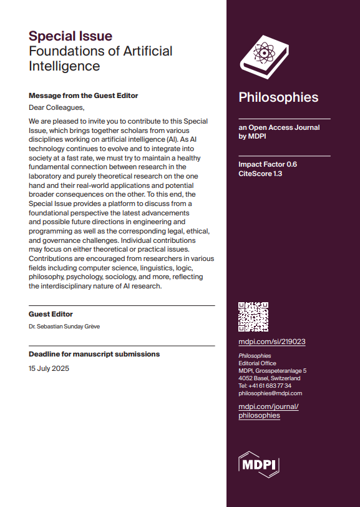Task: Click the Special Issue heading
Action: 71,36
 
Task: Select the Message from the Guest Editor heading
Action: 83,96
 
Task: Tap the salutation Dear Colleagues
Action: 56,107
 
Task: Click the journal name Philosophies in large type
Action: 278,97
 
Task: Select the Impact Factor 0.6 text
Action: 268,164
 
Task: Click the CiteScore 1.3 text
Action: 260,174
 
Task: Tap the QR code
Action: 253,317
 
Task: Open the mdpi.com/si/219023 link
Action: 271,342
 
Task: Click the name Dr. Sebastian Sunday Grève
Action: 64,326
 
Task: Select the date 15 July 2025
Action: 49,368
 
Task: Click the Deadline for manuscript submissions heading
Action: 94,354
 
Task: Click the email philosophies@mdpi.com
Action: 270,393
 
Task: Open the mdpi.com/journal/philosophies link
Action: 269,411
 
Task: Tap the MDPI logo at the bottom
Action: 259,465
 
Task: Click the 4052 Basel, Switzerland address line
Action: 269,378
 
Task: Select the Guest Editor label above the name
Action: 51,314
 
